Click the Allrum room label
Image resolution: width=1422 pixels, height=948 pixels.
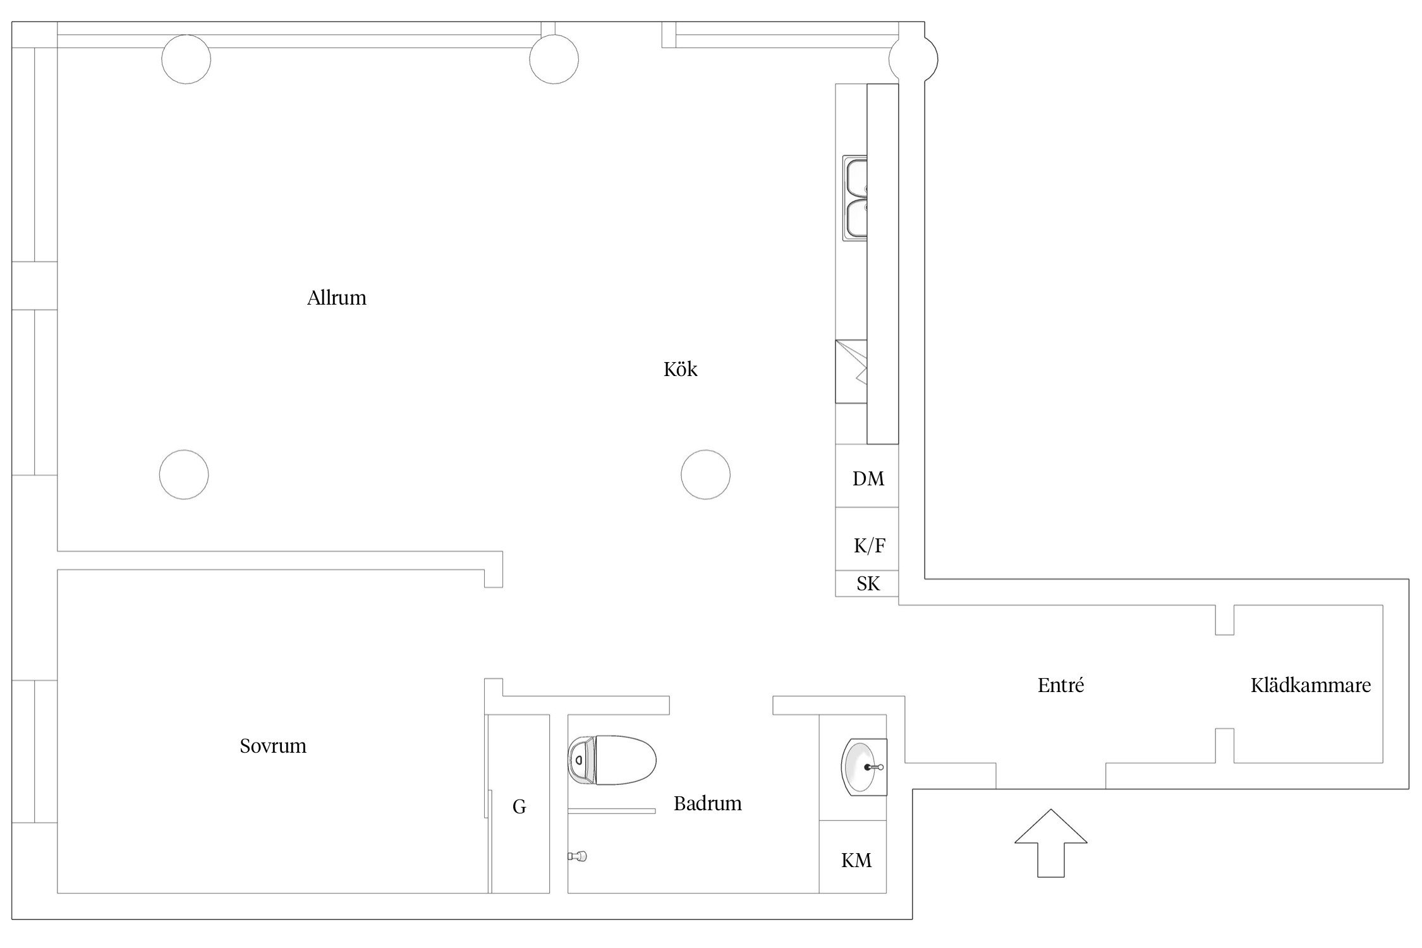336,298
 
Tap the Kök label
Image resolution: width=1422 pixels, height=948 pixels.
680,369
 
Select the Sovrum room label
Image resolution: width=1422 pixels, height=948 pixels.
273,746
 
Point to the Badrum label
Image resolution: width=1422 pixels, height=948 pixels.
707,803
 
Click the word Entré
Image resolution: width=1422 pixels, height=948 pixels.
1060,685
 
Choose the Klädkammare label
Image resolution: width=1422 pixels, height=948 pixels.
1311,685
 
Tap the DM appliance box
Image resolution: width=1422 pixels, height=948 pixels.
867,476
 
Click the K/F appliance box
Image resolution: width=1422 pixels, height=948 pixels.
867,539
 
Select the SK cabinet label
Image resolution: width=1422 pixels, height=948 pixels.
868,583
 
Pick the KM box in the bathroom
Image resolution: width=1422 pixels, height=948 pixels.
853,856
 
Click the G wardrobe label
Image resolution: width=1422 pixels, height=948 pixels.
519,806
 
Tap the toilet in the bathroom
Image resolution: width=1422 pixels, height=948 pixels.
612,760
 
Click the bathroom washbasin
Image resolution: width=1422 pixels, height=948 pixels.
863,767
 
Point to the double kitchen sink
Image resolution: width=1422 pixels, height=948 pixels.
854,198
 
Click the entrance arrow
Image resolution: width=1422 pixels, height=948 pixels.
1051,843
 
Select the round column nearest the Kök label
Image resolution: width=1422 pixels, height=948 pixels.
705,475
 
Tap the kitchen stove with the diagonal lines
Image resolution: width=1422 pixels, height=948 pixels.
851,372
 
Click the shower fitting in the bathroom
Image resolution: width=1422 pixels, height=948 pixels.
578,856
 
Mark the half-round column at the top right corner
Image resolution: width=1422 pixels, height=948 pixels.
913,60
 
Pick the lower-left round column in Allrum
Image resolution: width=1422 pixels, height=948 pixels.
184,475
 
